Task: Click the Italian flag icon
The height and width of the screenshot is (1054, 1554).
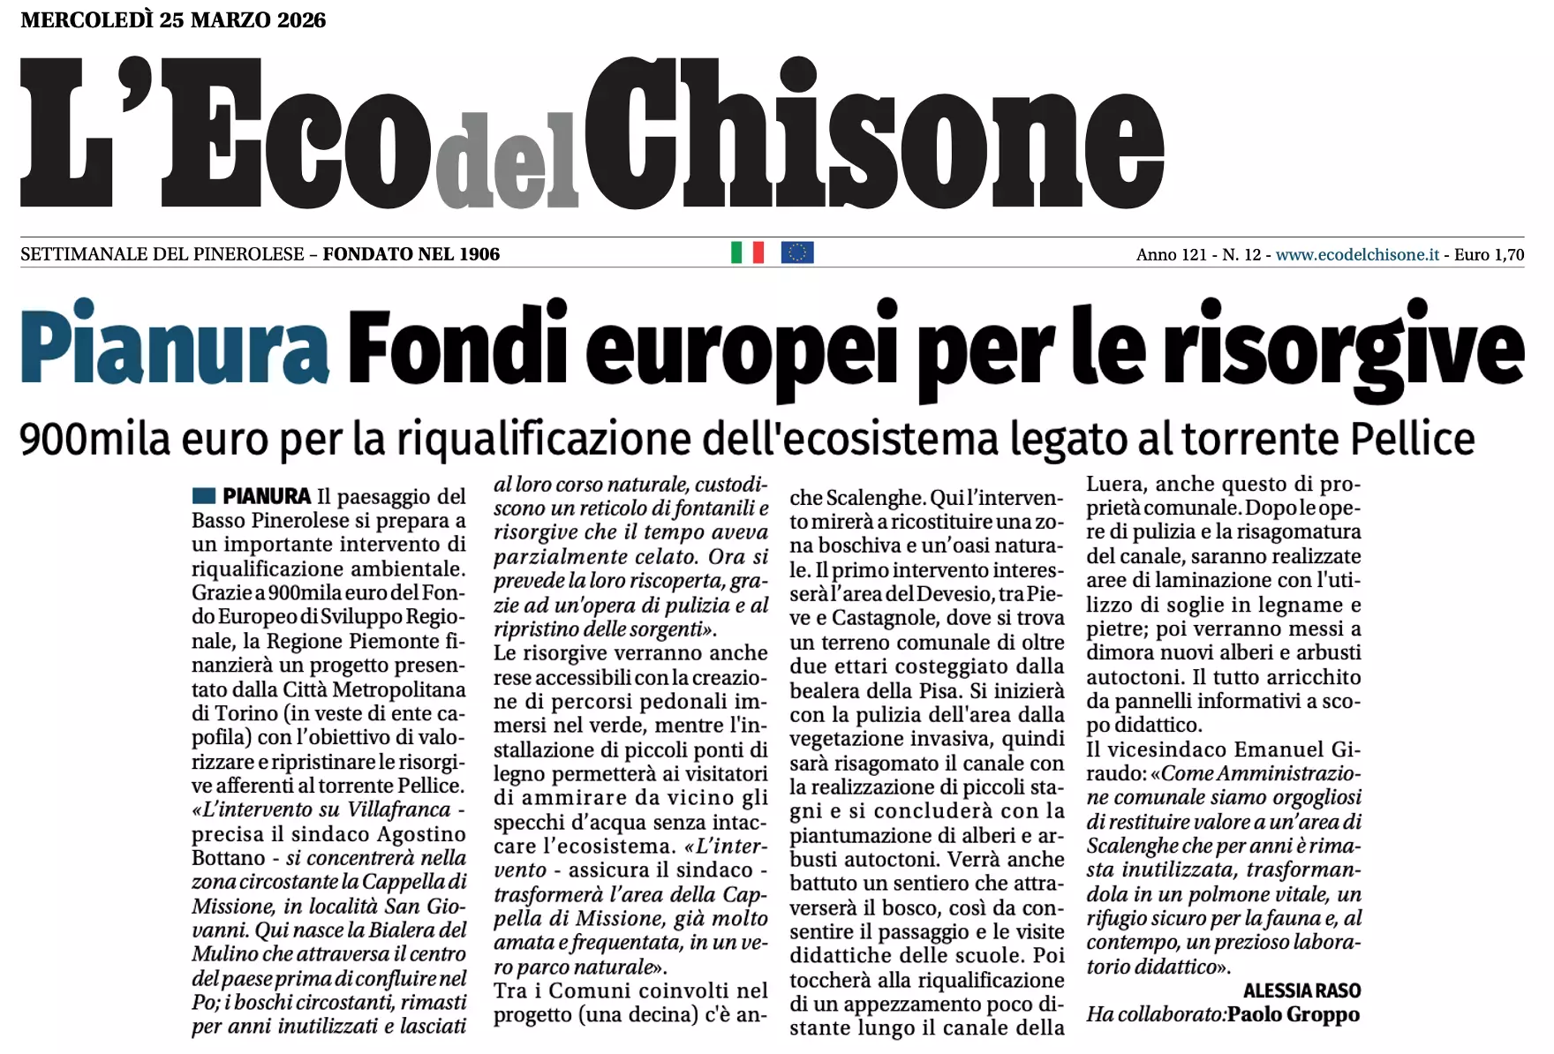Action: point(747,253)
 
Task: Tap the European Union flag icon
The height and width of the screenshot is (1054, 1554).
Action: point(796,253)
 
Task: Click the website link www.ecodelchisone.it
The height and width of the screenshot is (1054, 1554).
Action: point(1357,255)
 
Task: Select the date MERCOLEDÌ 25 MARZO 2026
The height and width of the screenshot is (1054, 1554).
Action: point(173,19)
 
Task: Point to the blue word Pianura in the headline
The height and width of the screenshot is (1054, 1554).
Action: point(175,345)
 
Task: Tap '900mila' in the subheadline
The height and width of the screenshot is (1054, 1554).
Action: point(94,439)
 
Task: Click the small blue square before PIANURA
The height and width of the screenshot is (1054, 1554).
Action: point(203,495)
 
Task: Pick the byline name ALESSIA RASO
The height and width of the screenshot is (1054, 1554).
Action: point(1301,990)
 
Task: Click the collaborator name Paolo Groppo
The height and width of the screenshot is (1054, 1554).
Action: point(1294,1014)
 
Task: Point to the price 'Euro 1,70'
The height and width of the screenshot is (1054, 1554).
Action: point(1489,255)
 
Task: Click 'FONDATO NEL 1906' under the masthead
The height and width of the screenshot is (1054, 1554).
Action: point(411,255)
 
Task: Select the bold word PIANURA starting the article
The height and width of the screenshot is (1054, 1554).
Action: point(267,496)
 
